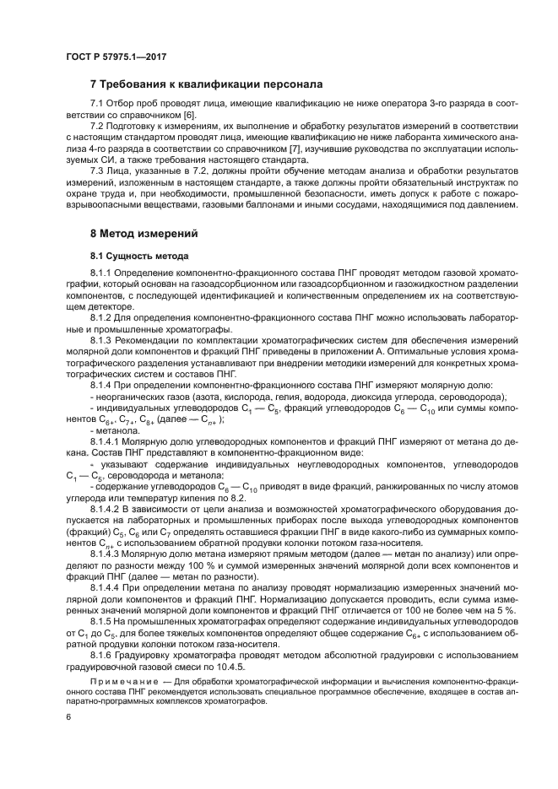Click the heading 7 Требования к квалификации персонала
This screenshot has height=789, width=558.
206,84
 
